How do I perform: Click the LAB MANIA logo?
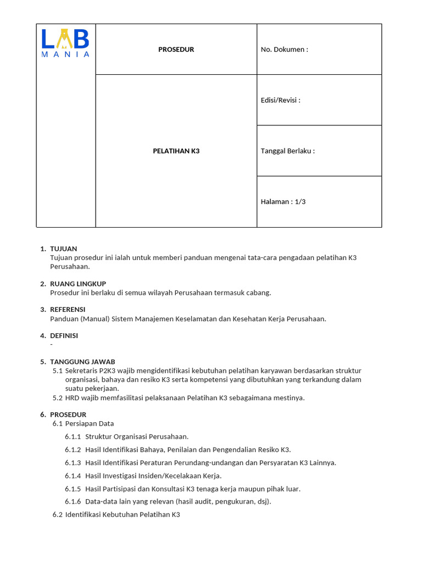(x=65, y=43)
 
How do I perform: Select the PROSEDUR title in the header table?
(x=176, y=49)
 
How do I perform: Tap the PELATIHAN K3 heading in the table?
(x=176, y=151)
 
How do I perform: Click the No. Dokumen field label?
(x=284, y=49)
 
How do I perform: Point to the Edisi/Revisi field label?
(x=280, y=100)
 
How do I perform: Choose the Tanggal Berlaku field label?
(x=287, y=151)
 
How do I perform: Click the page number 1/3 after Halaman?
(x=300, y=202)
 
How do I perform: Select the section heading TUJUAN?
(x=63, y=249)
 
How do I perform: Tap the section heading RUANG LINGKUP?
(x=78, y=284)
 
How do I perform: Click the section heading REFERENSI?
(x=68, y=310)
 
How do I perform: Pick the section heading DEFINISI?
(x=64, y=335)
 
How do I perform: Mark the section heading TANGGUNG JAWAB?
(x=82, y=362)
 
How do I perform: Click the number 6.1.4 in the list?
(x=73, y=476)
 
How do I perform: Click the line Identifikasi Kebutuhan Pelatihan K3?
(x=123, y=515)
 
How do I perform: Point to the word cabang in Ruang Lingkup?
(x=258, y=292)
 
